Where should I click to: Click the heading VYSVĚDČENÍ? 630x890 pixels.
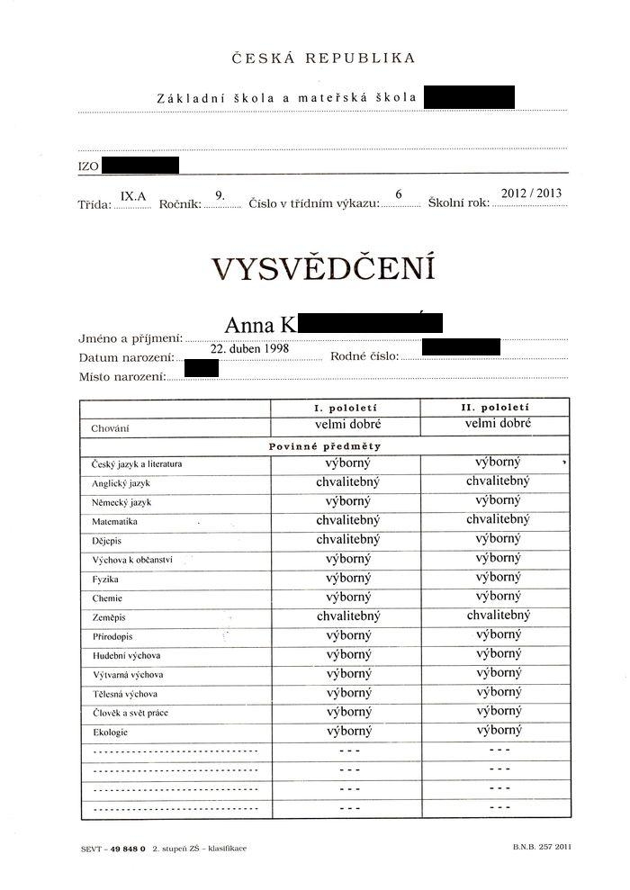[x=323, y=269]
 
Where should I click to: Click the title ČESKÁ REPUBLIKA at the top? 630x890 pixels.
[x=323, y=58]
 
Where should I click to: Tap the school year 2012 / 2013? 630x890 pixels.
[x=531, y=193]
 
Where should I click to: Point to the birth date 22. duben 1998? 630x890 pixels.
[x=249, y=348]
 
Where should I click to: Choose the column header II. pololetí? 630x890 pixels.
[x=498, y=408]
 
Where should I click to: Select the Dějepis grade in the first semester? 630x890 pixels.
[x=348, y=540]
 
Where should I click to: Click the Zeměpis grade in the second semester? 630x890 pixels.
[x=498, y=616]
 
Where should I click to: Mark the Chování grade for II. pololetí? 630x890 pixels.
[x=498, y=424]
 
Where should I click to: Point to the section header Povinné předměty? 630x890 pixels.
[x=325, y=446]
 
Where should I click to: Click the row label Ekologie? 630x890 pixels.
[x=110, y=733]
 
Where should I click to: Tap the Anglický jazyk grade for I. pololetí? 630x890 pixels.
[x=348, y=482]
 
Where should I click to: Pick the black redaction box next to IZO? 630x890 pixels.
[x=140, y=165]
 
